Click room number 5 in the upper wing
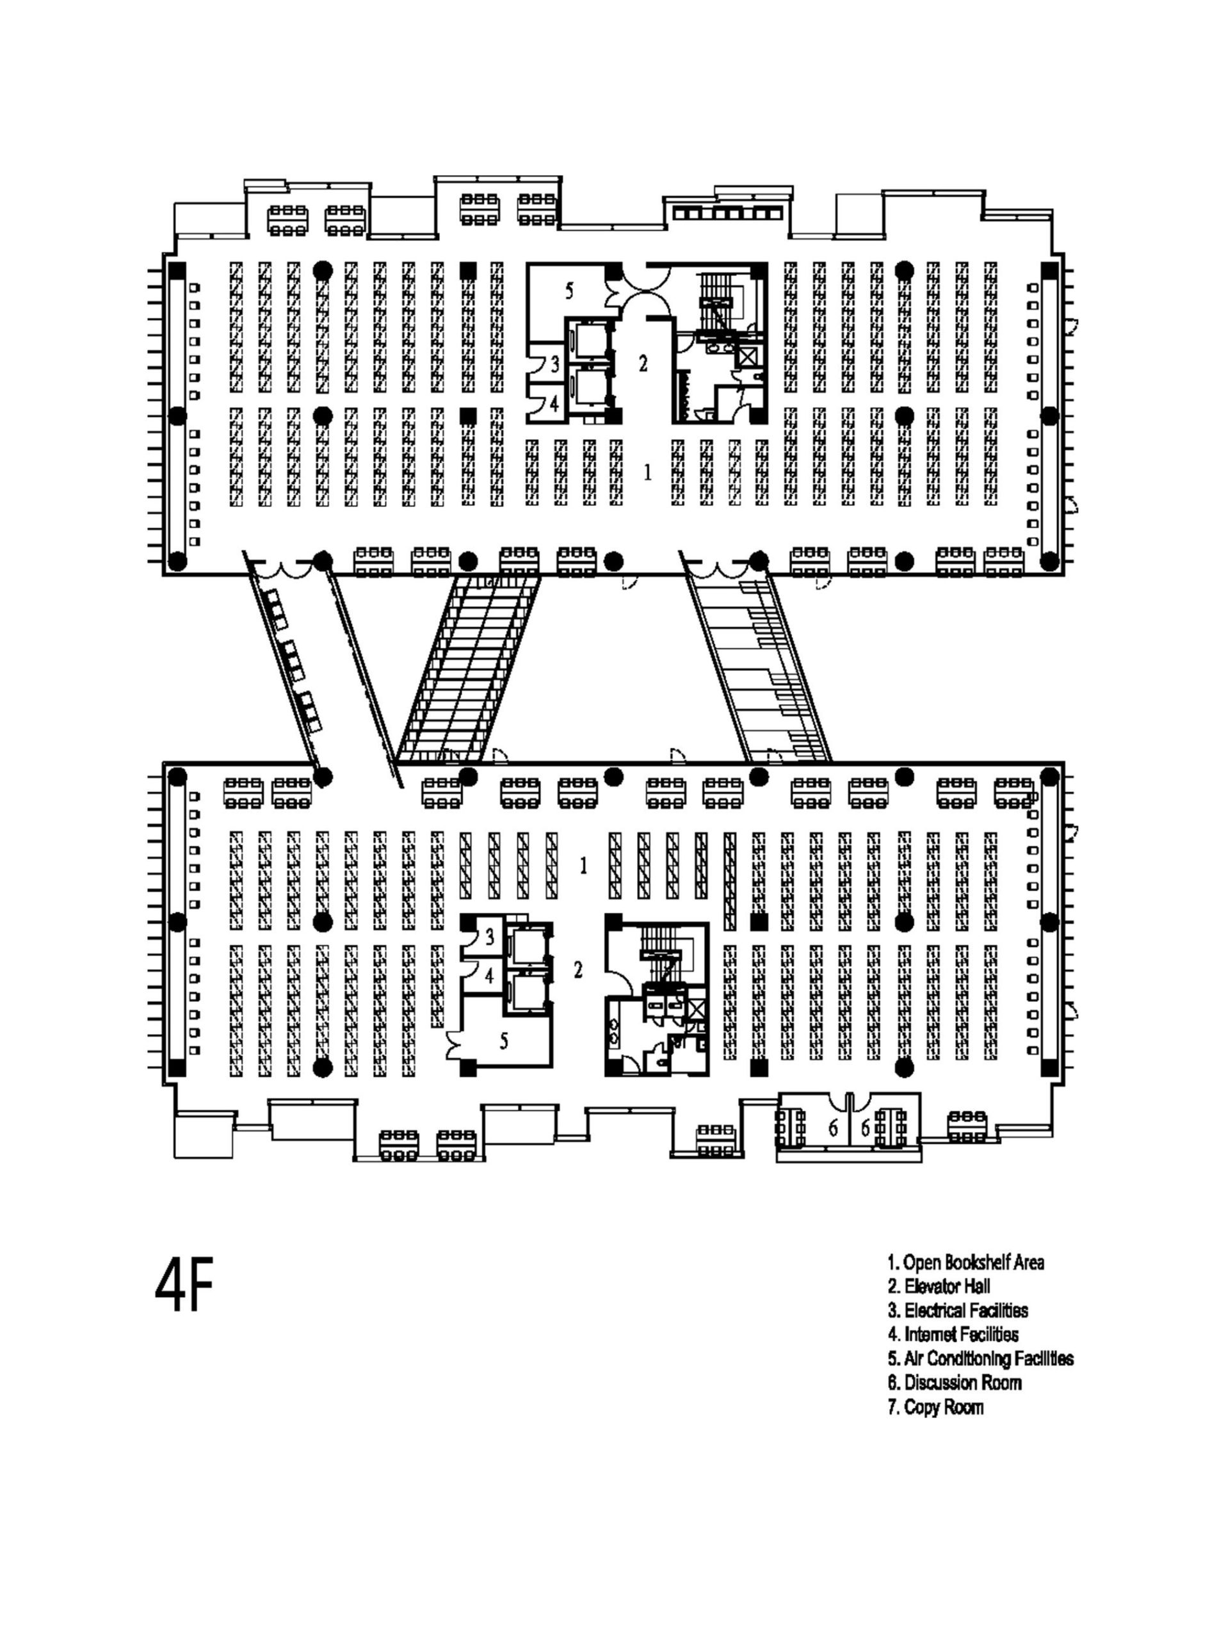coord(569,291)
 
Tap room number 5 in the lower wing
coord(504,1040)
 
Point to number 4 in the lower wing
coord(489,976)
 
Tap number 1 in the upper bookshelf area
coord(647,473)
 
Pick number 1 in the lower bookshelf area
coord(583,866)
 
